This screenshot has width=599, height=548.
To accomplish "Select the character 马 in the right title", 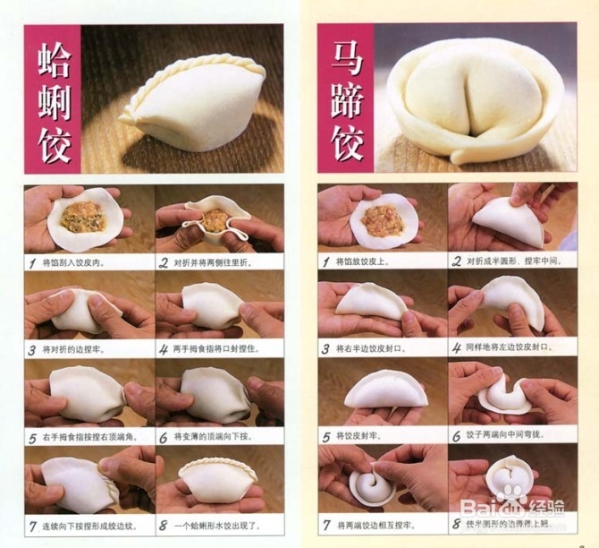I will tap(346, 56).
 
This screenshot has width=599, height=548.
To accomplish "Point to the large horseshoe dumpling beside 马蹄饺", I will tap(475, 100).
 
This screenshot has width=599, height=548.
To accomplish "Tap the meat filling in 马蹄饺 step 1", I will tap(384, 220).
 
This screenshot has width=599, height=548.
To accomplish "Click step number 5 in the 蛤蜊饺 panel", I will tap(33, 438).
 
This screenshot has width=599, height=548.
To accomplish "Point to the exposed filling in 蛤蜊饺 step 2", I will tap(215, 220).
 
